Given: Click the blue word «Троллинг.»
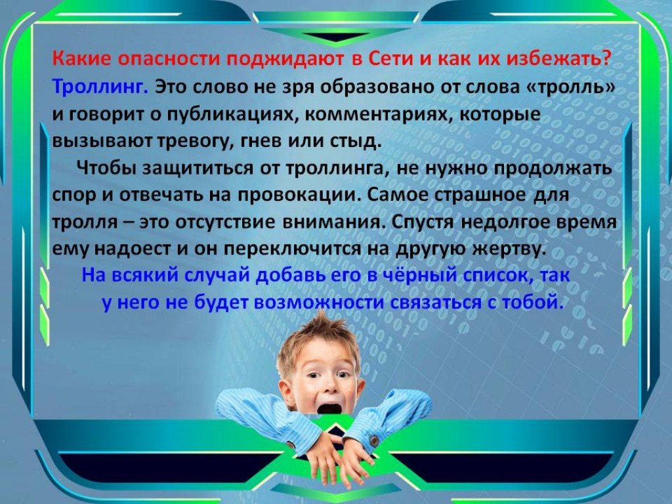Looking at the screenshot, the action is (x=100, y=87).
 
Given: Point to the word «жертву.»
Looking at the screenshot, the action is (x=509, y=249).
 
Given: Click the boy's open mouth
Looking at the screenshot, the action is (x=329, y=408).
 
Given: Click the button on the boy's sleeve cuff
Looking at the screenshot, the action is (x=374, y=440).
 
